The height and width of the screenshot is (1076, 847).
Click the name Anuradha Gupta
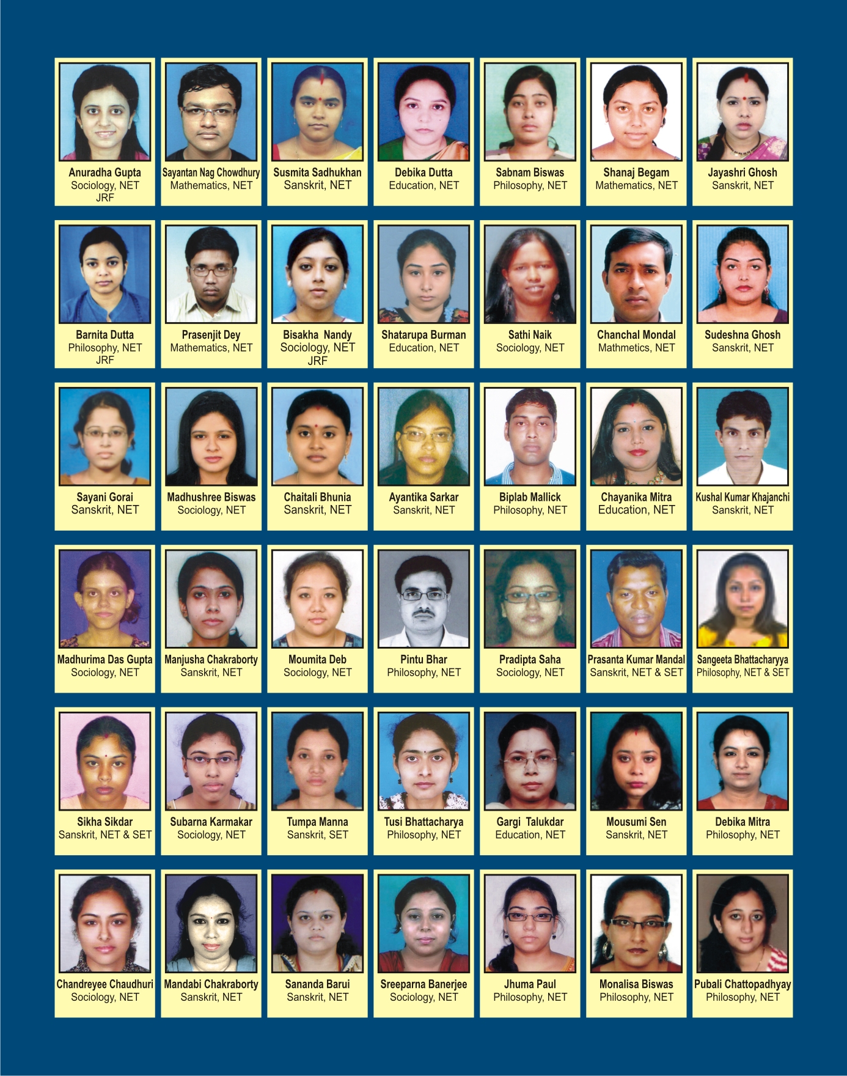coord(105,172)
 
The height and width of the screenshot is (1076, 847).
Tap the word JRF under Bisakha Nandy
coord(317,361)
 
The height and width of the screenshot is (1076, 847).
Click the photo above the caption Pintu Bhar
coord(424,599)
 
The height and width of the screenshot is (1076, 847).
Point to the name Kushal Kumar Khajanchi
coord(743,497)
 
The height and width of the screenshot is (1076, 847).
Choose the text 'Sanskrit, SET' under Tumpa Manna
coord(317,835)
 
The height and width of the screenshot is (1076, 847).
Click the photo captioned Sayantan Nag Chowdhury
coord(211,112)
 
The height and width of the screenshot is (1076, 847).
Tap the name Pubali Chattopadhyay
coord(743,984)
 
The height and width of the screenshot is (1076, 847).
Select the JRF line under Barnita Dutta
coord(105,360)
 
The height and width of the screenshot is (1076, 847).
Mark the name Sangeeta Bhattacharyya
coord(743,660)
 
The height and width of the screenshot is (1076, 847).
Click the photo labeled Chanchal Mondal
coord(636,274)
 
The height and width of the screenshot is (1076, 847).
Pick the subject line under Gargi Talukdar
coord(530,835)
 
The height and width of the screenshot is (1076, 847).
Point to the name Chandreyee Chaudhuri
coord(105,984)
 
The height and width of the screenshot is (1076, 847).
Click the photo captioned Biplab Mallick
coord(530,437)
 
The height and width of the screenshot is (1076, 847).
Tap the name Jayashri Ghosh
coord(743,172)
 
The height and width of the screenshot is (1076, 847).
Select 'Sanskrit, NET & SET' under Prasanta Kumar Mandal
coord(636,672)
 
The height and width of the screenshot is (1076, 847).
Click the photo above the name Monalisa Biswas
coord(636,923)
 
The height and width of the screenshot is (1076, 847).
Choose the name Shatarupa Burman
coord(424,335)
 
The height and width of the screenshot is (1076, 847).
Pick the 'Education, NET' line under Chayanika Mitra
coord(636,510)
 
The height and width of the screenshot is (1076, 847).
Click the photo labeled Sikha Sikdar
coord(105,761)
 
